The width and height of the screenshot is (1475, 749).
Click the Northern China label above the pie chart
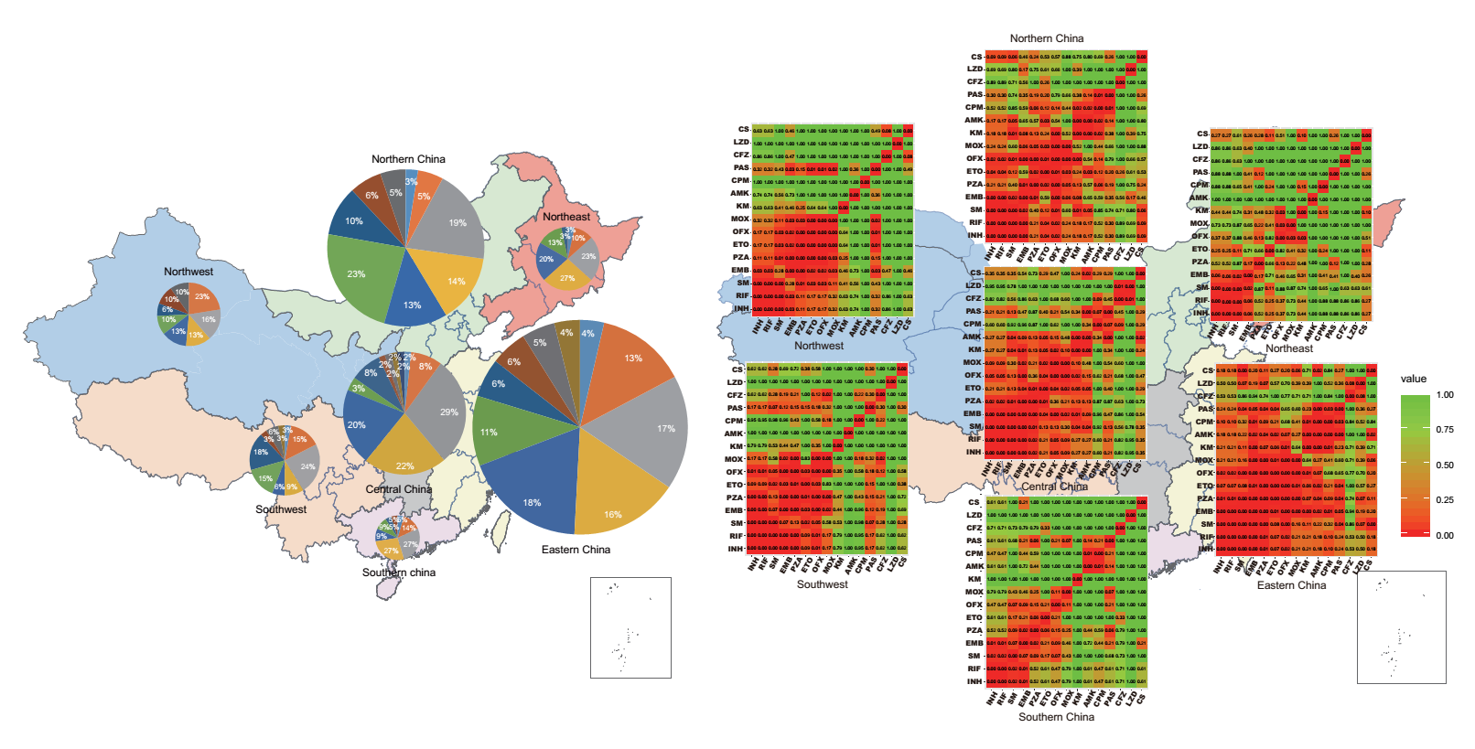click(x=408, y=159)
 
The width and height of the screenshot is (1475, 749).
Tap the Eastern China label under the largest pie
click(x=576, y=550)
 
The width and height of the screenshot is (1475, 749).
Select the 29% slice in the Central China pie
click(x=446, y=412)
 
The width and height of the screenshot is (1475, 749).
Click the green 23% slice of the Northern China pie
click(x=358, y=273)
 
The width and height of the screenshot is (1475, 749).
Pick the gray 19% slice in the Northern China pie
click(x=455, y=222)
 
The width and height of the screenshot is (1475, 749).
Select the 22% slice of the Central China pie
click(x=405, y=465)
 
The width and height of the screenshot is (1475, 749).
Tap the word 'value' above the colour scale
click(x=1413, y=379)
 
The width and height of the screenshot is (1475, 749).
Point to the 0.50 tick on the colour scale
click(x=1445, y=465)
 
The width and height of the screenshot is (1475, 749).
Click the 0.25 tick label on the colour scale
click(x=1445, y=500)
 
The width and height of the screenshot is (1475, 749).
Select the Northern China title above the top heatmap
click(x=1046, y=38)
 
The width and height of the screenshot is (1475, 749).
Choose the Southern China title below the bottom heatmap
click(x=1056, y=717)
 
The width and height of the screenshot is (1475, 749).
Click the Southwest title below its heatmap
click(x=822, y=584)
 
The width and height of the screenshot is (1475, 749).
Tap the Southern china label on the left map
click(x=398, y=572)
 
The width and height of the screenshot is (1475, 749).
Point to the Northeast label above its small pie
click(x=565, y=217)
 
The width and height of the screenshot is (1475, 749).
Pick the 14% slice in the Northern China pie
click(x=455, y=282)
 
